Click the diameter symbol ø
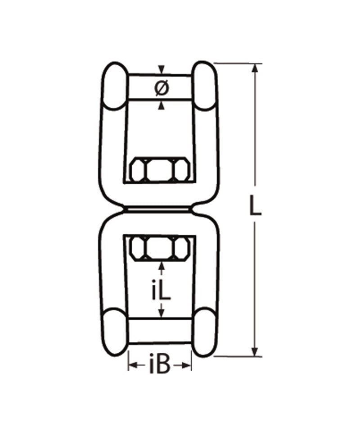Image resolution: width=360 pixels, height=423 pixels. [x=162, y=87]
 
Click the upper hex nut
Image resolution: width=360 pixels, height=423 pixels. [x=159, y=169]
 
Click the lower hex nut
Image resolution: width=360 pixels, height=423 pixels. [x=159, y=248]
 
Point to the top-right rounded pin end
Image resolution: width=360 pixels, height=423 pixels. [x=206, y=85]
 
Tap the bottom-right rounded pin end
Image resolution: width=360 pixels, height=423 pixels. [x=205, y=332]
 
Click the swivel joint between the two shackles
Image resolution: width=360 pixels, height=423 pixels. [x=159, y=210]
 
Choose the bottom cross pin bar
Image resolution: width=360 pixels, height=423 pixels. [x=160, y=331]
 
